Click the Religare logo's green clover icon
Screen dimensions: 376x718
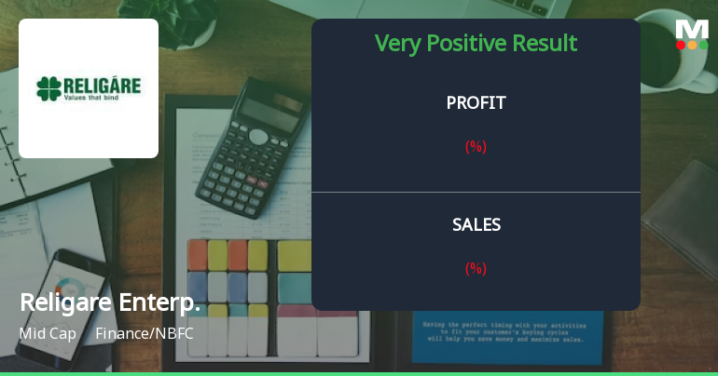[48, 88]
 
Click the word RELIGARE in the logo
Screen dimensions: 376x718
[102, 86]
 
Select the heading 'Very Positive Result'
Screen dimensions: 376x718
[476, 44]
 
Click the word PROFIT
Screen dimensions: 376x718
[476, 103]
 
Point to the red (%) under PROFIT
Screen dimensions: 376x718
[476, 146]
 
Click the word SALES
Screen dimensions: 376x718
[476, 225]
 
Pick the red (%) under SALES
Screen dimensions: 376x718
[476, 268]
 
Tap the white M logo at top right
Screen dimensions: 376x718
[692, 28]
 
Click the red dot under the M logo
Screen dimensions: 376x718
[681, 45]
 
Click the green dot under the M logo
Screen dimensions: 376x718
[703, 45]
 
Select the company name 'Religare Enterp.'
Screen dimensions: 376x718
[110, 302]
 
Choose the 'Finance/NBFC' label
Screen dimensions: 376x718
[145, 332]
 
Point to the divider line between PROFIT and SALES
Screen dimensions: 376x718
[476, 192]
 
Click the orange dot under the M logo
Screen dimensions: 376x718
[692, 45]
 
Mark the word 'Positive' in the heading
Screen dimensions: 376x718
[466, 44]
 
